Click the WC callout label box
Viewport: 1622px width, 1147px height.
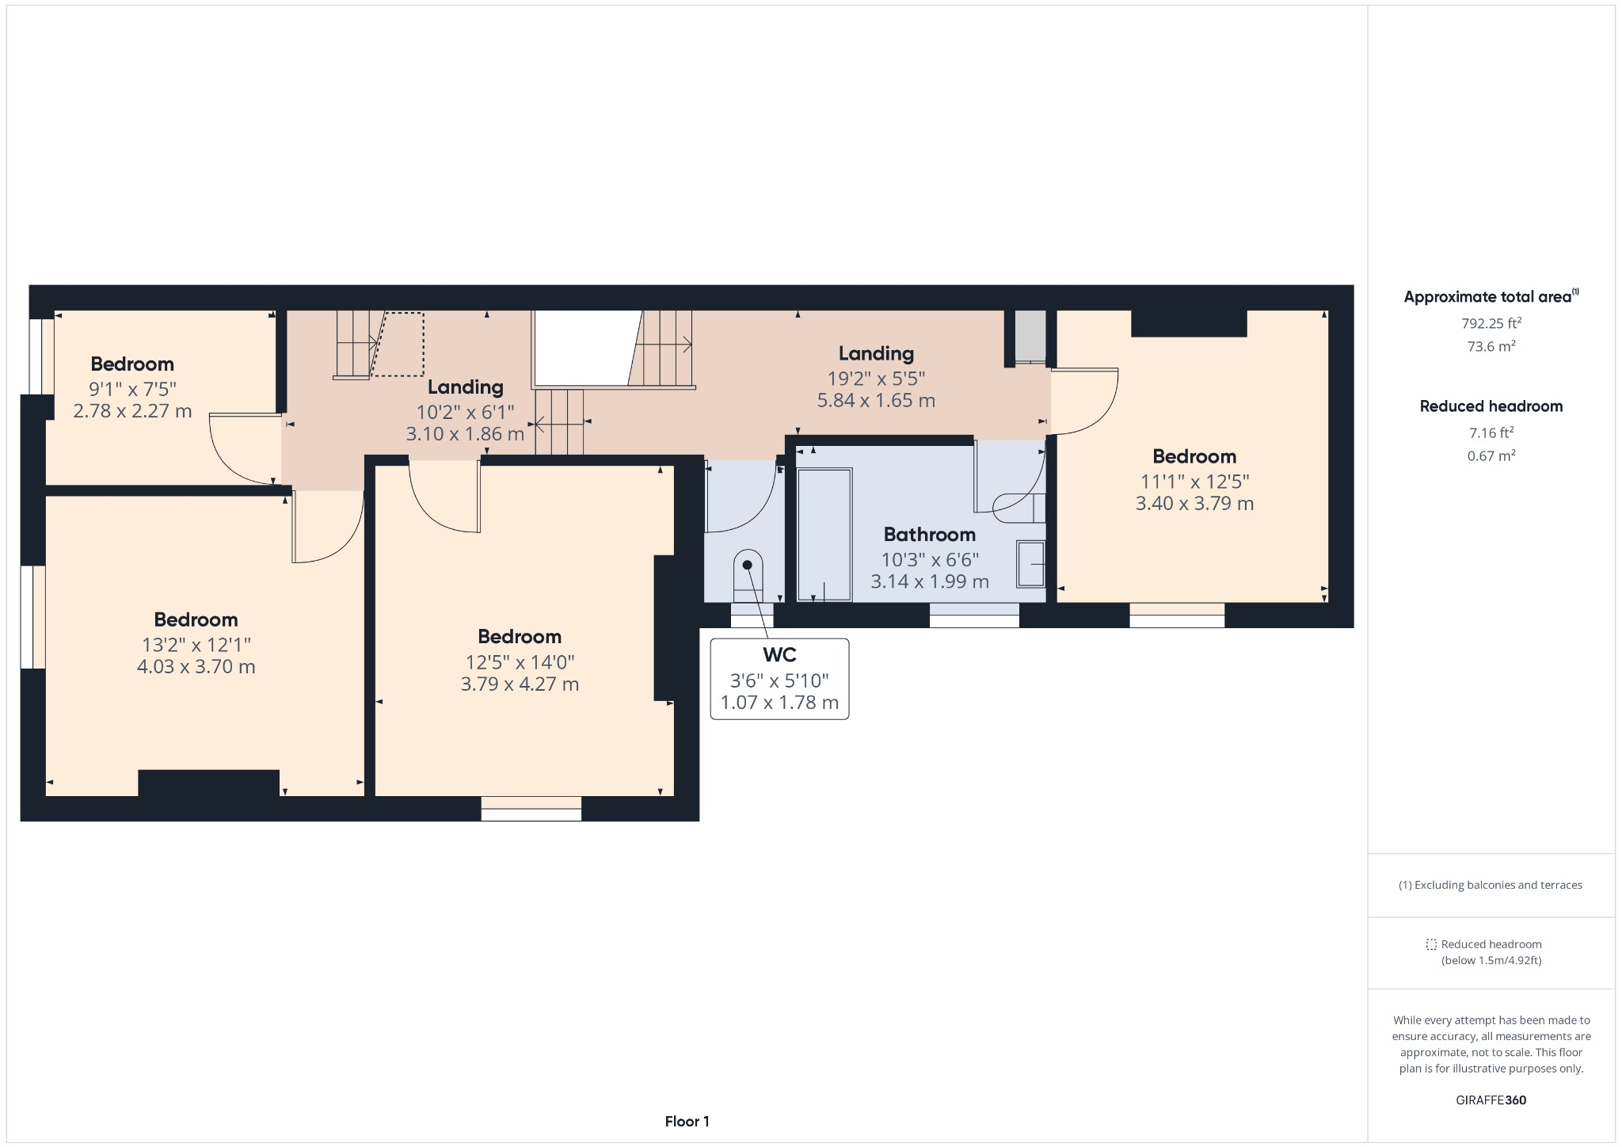click(779, 679)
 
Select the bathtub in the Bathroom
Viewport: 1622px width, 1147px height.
click(824, 535)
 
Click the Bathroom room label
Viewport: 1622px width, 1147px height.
click(929, 535)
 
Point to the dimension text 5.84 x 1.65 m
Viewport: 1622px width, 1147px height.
click(876, 401)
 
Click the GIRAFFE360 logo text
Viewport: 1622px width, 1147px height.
click(1491, 1100)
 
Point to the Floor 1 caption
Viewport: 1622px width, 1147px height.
click(687, 1122)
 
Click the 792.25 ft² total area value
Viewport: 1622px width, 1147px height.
click(1491, 323)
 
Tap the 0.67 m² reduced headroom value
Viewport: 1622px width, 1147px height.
click(1491, 455)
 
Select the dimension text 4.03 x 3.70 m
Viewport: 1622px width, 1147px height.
click(196, 667)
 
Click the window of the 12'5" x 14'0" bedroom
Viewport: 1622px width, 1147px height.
click(531, 809)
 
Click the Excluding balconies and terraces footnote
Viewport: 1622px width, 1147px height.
click(1491, 886)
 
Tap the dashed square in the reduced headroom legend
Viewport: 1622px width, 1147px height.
click(1431, 944)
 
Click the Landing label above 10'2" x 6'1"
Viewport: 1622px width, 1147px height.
click(465, 387)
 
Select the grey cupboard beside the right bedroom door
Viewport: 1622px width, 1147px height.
click(1030, 335)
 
